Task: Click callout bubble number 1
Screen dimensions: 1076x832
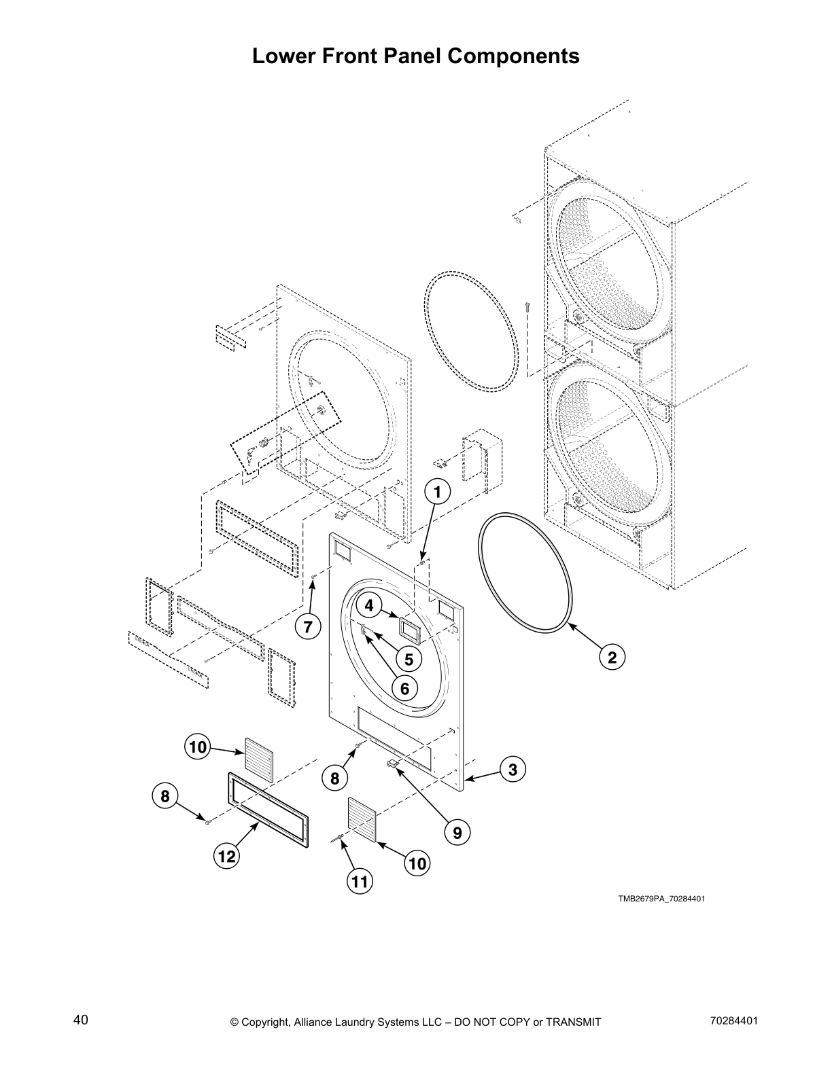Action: click(x=438, y=492)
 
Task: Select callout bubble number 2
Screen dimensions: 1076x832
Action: click(x=612, y=657)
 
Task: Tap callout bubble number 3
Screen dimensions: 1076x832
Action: click(x=513, y=769)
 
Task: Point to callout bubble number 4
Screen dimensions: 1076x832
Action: click(x=369, y=605)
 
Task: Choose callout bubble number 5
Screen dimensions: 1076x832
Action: click(x=409, y=658)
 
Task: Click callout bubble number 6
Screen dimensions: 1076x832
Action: click(x=404, y=689)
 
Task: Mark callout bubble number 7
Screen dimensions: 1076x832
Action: click(x=308, y=627)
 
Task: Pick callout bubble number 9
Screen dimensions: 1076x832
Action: click(x=457, y=831)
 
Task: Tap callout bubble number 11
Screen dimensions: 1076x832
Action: click(x=360, y=882)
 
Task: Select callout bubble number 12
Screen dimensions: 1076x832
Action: click(x=227, y=857)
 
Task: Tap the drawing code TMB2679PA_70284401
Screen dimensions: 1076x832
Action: click(x=661, y=899)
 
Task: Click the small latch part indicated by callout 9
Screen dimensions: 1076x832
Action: click(x=392, y=764)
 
